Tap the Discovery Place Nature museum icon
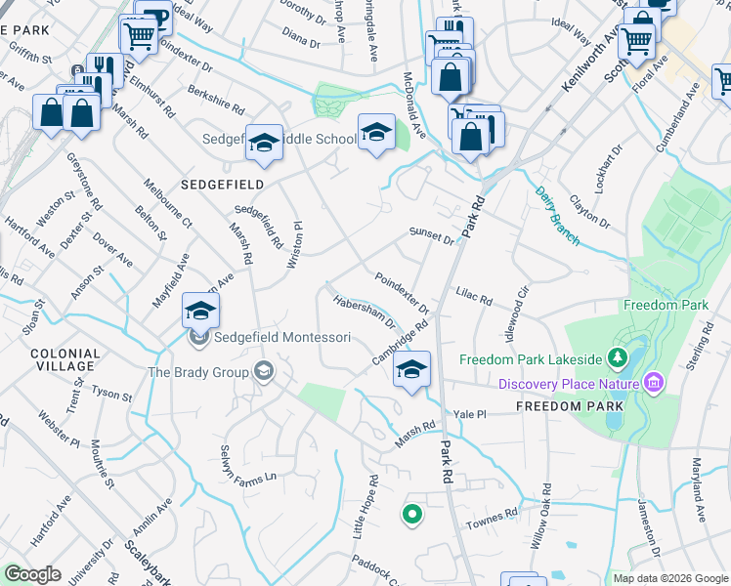(x=652, y=383)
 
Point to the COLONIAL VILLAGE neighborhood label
(x=64, y=361)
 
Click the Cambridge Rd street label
(x=401, y=345)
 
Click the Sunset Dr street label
(x=431, y=237)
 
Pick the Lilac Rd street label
(x=474, y=295)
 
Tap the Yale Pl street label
(x=469, y=414)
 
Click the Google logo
(x=33, y=574)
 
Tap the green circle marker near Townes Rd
(x=412, y=513)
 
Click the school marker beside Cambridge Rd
(x=412, y=371)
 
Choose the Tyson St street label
(x=111, y=394)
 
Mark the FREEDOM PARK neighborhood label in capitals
(x=557, y=405)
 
